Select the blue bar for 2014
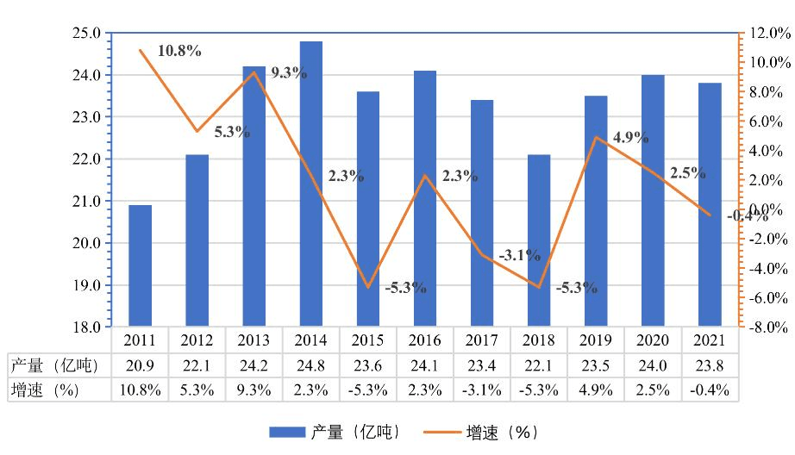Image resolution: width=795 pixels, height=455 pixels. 311,184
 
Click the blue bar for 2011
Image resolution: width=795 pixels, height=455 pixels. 141,266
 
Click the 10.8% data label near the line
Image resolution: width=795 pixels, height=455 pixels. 179,51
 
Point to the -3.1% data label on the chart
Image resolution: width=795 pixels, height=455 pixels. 519,255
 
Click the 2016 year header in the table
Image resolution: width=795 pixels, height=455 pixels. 425,340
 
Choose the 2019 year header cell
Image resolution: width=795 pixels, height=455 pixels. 596,340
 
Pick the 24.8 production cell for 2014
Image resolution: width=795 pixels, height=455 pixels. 311,365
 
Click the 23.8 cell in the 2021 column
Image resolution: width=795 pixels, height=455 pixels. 710,365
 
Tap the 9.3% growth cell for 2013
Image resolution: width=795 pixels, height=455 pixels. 254,390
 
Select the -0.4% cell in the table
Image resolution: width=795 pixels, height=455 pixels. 710,390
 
